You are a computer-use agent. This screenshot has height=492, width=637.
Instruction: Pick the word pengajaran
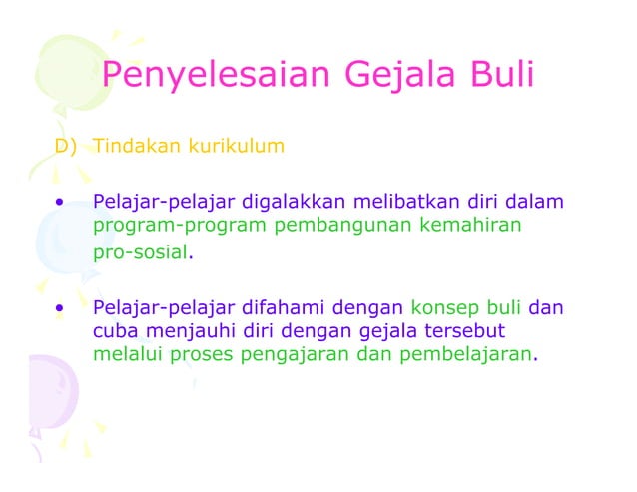point(302,353)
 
